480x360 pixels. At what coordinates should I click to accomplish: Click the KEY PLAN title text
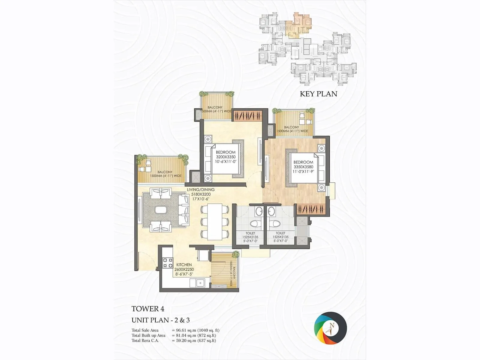click(x=318, y=94)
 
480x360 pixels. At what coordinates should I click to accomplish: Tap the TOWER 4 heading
click(x=148, y=309)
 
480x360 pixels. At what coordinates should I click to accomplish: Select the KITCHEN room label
click(x=184, y=265)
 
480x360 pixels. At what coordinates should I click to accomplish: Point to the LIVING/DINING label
click(x=201, y=190)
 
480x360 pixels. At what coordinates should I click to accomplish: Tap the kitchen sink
click(x=199, y=282)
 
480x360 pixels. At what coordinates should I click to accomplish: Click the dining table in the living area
click(x=215, y=222)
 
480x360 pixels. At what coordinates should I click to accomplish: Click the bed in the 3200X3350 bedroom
click(x=223, y=159)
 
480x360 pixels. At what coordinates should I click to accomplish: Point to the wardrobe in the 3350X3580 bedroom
click(x=311, y=209)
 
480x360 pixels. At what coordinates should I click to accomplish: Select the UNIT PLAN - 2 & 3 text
click(x=160, y=320)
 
